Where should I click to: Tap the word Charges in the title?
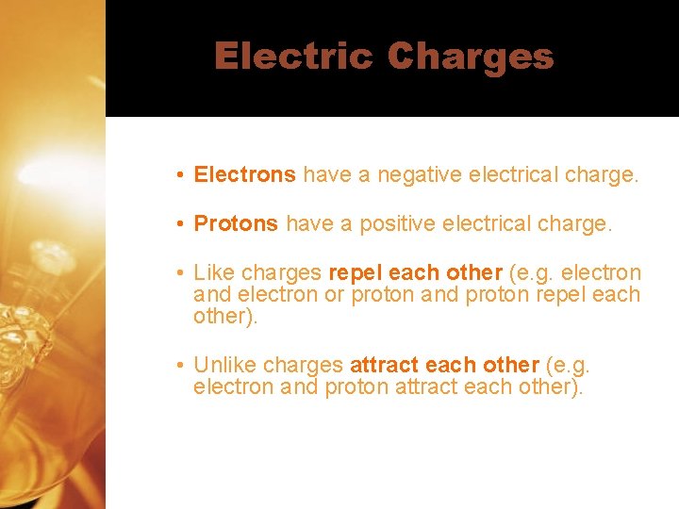pos(470,57)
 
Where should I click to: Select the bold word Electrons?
pos(245,174)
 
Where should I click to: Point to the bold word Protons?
pos(236,223)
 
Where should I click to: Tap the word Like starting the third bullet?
pos(214,273)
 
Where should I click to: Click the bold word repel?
pos(355,273)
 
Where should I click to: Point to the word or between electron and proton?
pos(334,295)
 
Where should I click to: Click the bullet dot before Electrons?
pos(179,175)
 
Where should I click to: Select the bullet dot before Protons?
pos(179,224)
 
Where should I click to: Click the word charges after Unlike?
pos(303,365)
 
